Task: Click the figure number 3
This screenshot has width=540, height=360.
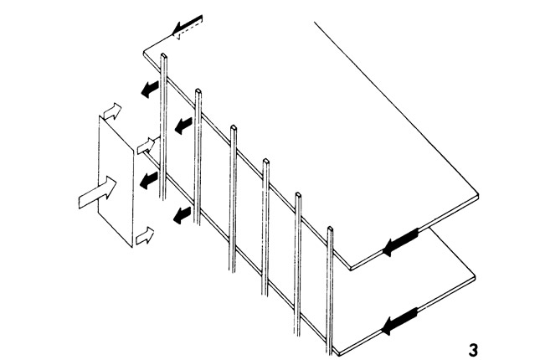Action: [x=473, y=350]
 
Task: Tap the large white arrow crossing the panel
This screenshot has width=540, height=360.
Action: [x=97, y=193]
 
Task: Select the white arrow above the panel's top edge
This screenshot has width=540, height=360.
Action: [x=113, y=111]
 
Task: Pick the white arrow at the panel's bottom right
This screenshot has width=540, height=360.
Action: [x=145, y=235]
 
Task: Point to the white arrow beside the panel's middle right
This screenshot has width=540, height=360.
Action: [x=147, y=146]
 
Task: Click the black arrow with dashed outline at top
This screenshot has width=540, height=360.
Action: [x=187, y=27]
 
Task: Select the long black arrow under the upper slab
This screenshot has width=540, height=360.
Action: [x=400, y=242]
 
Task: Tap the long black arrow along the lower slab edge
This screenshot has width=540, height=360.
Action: [x=400, y=321]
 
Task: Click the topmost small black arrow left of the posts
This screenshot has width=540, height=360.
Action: [x=150, y=90]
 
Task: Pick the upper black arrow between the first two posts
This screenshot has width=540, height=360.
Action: [x=183, y=126]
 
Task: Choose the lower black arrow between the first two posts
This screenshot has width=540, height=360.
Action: [x=182, y=215]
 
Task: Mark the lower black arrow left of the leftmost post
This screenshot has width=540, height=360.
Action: [x=149, y=180]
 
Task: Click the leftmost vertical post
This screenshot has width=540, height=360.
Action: [x=163, y=126]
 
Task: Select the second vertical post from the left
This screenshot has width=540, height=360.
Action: [x=198, y=157]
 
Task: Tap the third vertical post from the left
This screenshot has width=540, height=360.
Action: [x=233, y=198]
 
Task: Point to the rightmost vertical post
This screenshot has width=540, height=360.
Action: [x=330, y=290]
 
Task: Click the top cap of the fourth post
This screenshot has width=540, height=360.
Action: [x=266, y=161]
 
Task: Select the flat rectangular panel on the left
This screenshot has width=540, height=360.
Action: [x=116, y=182]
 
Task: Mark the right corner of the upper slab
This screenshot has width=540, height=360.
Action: [x=479, y=196]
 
